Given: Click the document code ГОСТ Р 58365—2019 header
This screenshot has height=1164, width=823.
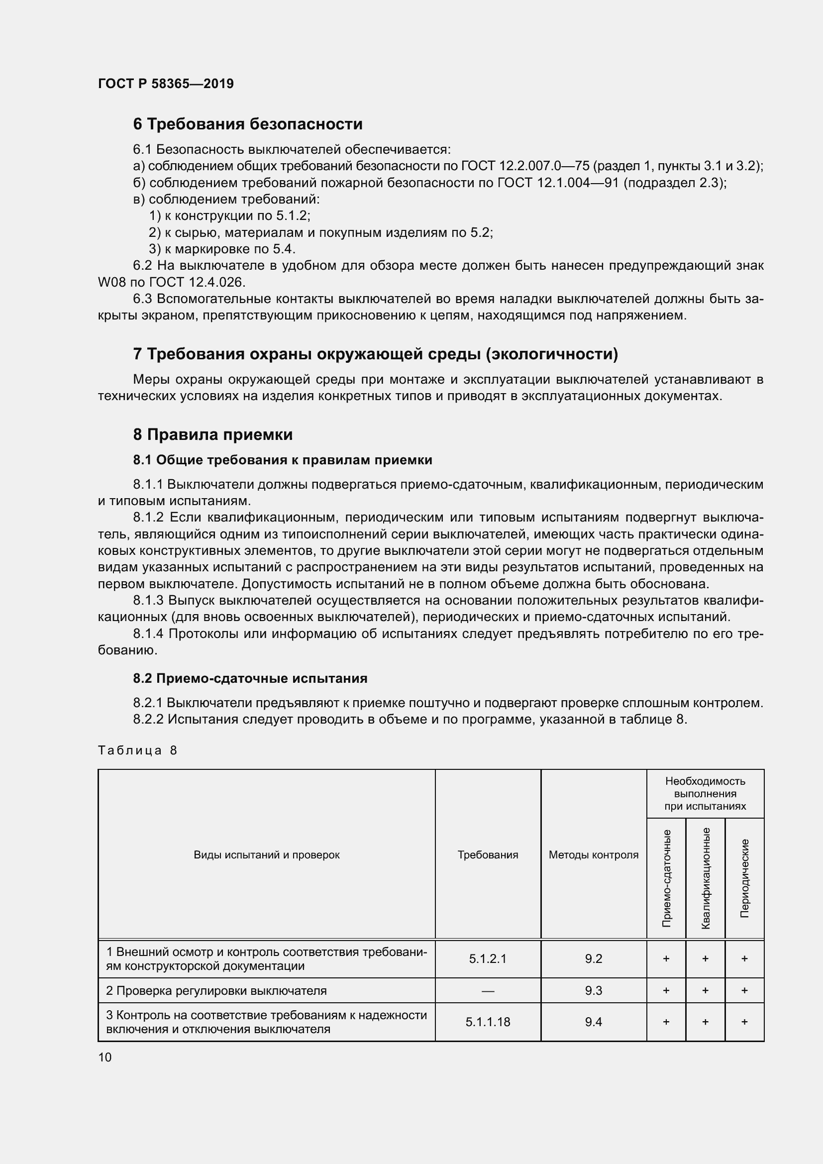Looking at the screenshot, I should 166,84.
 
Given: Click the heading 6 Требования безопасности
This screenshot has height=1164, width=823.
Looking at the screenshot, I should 247,124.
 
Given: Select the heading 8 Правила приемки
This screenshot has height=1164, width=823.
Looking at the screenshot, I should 213,434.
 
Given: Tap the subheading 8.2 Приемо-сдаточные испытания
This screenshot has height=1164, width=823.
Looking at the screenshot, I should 250,678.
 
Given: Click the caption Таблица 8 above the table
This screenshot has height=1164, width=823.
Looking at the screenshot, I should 137,750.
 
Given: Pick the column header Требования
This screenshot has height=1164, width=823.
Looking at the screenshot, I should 488,855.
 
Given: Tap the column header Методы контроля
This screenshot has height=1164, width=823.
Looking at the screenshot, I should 594,855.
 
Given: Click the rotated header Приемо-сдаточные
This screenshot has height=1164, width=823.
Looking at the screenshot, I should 666,878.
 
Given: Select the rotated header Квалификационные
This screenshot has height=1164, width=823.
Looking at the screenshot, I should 706,878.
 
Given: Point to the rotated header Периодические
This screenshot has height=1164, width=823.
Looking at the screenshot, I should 744,878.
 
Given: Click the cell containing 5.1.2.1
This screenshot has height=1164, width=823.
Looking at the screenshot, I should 488,958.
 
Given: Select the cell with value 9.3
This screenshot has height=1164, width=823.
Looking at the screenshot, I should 594,991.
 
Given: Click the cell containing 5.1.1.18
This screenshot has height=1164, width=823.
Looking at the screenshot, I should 488,1022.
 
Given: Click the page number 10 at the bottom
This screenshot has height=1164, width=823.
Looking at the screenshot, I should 105,1057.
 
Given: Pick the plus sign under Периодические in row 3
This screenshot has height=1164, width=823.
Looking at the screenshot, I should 744,1022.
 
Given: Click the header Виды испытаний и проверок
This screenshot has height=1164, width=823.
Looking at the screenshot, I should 267,855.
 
